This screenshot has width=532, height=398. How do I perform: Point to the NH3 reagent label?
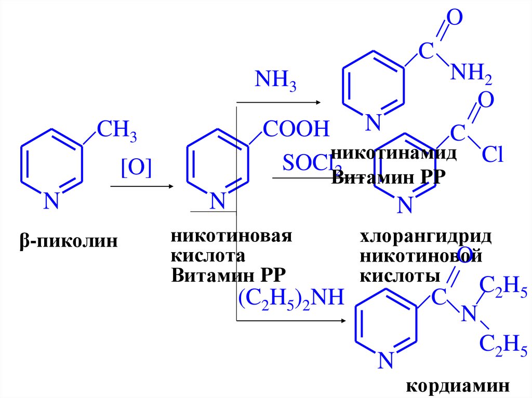[x=275, y=82]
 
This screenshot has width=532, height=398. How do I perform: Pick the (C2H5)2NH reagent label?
[x=291, y=298]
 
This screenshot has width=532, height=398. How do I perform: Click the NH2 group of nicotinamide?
[x=471, y=75]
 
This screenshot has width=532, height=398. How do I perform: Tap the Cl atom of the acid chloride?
[x=493, y=154]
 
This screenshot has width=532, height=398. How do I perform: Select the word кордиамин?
[x=456, y=387]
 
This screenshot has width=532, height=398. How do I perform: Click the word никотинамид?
[x=394, y=153]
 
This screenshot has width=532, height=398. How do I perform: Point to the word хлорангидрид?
[x=425, y=237]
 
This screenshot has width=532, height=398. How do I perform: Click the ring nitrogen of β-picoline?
[x=50, y=201]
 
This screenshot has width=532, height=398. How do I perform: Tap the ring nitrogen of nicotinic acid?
[x=217, y=201]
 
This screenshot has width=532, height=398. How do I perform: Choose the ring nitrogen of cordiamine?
[x=385, y=360]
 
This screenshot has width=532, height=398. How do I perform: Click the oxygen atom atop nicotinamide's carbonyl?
[x=454, y=19]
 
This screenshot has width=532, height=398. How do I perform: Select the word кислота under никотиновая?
[x=207, y=256]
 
